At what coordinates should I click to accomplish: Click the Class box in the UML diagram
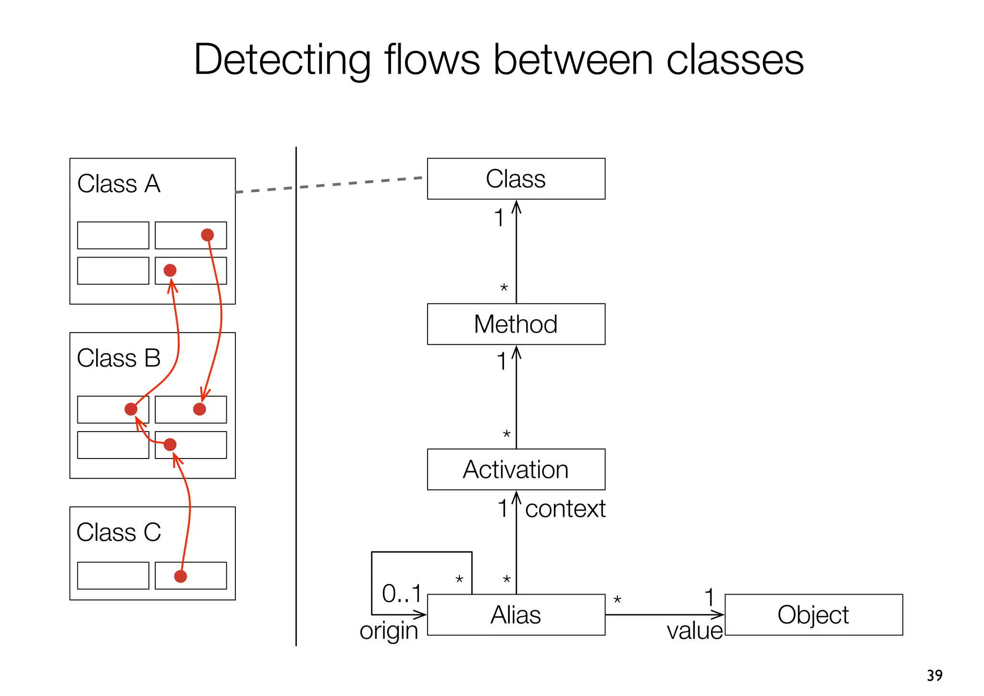click(516, 179)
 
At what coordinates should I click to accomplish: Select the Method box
click(516, 324)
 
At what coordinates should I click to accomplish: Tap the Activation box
click(516, 470)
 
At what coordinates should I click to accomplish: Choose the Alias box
click(516, 615)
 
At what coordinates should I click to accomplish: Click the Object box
click(813, 615)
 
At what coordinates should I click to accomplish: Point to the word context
click(565, 509)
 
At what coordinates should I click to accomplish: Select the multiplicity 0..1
click(402, 594)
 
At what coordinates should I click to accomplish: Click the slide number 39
click(935, 675)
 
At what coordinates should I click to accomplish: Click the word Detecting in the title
click(282, 60)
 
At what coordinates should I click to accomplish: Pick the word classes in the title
click(735, 60)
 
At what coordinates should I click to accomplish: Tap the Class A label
click(119, 184)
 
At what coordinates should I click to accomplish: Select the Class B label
click(119, 358)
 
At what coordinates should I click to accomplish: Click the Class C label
click(119, 533)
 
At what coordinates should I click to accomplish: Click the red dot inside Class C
click(180, 576)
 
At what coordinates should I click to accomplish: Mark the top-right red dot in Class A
click(207, 235)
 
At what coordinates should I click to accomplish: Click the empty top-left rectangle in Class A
click(113, 235)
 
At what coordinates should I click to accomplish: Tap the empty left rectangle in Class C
click(113, 575)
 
